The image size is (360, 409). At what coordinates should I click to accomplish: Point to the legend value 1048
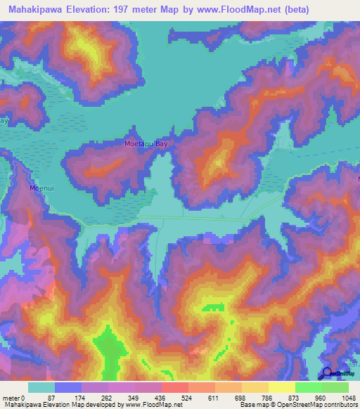point(349,397)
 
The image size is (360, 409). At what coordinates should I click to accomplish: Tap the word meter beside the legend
point(12,397)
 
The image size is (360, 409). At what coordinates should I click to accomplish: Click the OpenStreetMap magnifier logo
point(326,373)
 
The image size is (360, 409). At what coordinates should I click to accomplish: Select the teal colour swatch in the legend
point(41,387)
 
